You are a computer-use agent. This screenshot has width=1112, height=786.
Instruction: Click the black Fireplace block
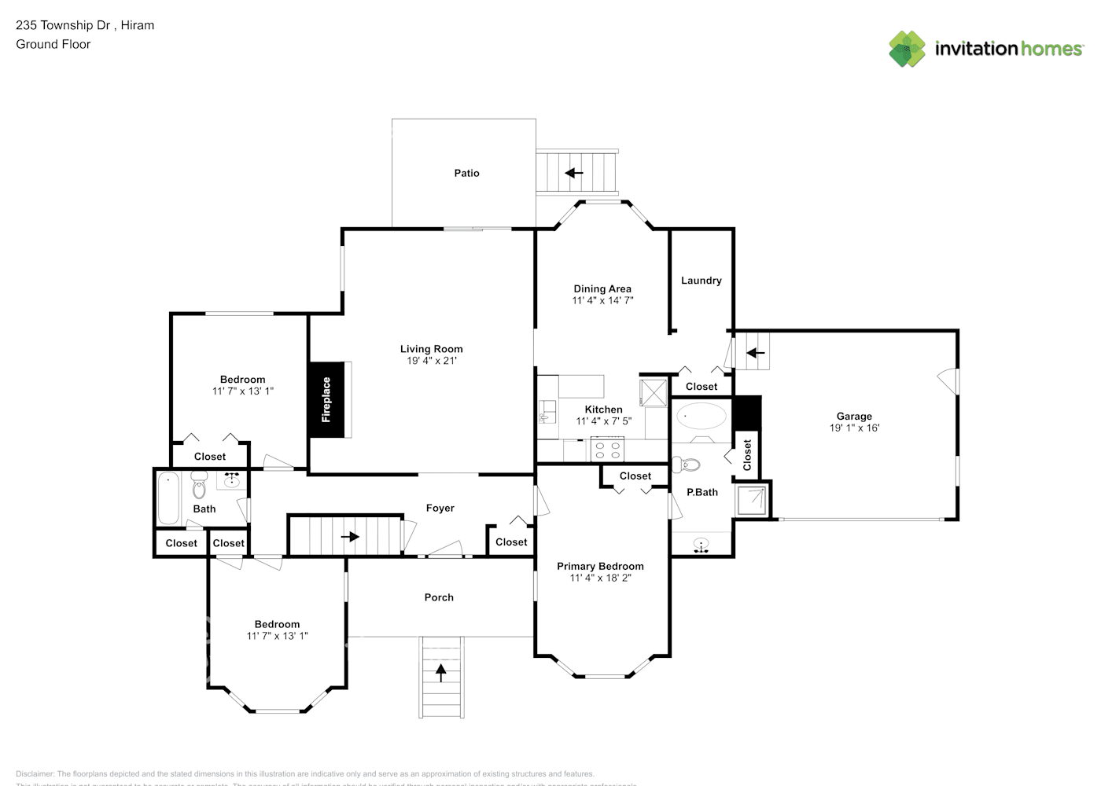click(x=326, y=400)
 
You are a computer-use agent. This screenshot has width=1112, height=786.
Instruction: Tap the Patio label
click(x=466, y=173)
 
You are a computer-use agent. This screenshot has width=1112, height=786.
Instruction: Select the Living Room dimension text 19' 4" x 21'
click(x=432, y=361)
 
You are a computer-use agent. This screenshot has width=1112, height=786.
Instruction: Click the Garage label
click(x=854, y=417)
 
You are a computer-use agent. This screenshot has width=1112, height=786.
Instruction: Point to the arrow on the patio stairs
click(x=574, y=173)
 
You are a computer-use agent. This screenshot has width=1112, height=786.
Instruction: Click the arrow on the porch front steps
click(x=440, y=672)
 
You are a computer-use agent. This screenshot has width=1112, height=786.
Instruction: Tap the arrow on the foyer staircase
click(x=349, y=537)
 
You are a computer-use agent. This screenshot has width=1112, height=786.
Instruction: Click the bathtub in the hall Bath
click(x=168, y=498)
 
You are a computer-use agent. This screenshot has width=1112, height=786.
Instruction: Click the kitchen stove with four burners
click(x=606, y=450)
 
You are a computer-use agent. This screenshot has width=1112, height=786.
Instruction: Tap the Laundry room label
click(x=701, y=281)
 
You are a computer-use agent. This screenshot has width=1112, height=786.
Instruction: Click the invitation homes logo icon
click(x=907, y=49)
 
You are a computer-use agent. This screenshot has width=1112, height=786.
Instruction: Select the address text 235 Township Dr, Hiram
click(x=85, y=25)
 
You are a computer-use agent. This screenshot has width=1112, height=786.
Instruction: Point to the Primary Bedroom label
click(x=600, y=566)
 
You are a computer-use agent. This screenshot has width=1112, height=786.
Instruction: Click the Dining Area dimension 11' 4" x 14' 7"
click(x=602, y=300)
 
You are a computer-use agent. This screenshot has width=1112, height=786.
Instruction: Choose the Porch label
click(x=439, y=597)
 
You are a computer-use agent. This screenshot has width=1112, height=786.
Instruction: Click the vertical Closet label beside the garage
click(x=747, y=455)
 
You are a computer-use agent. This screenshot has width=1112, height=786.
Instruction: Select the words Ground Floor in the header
click(x=53, y=44)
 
